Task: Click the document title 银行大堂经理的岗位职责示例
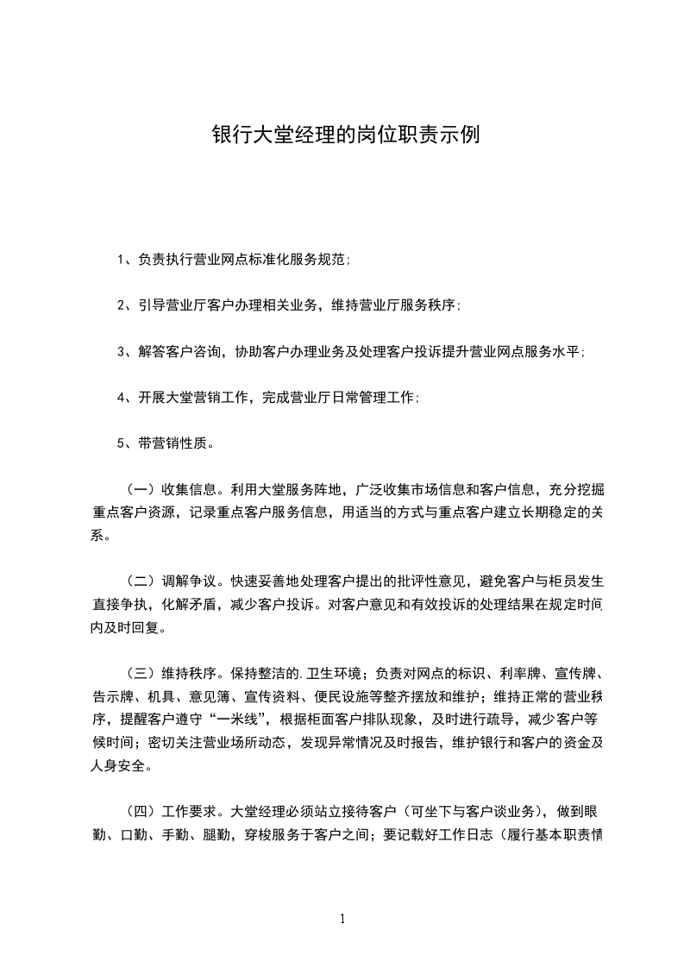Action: (x=344, y=135)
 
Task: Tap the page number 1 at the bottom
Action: (x=342, y=919)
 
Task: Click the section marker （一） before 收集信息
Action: (x=143, y=491)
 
